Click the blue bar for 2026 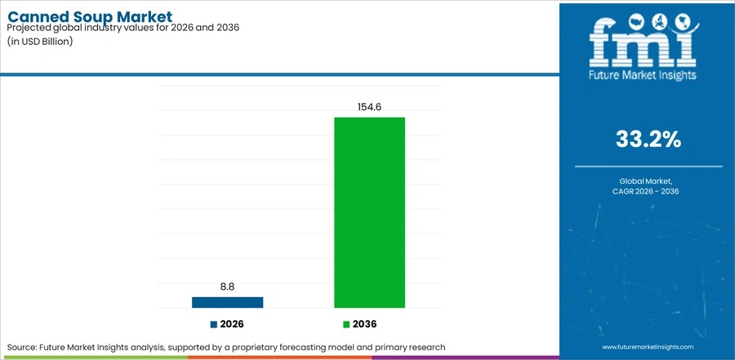(227, 302)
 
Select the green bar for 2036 (369, 212)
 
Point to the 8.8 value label (227, 287)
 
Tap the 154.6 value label (369, 107)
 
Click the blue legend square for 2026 (214, 324)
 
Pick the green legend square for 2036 (346, 324)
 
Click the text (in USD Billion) (40, 41)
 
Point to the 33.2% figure (648, 140)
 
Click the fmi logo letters (644, 43)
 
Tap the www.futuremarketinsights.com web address (648, 347)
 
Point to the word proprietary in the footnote (286, 348)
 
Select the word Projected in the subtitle (27, 28)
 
